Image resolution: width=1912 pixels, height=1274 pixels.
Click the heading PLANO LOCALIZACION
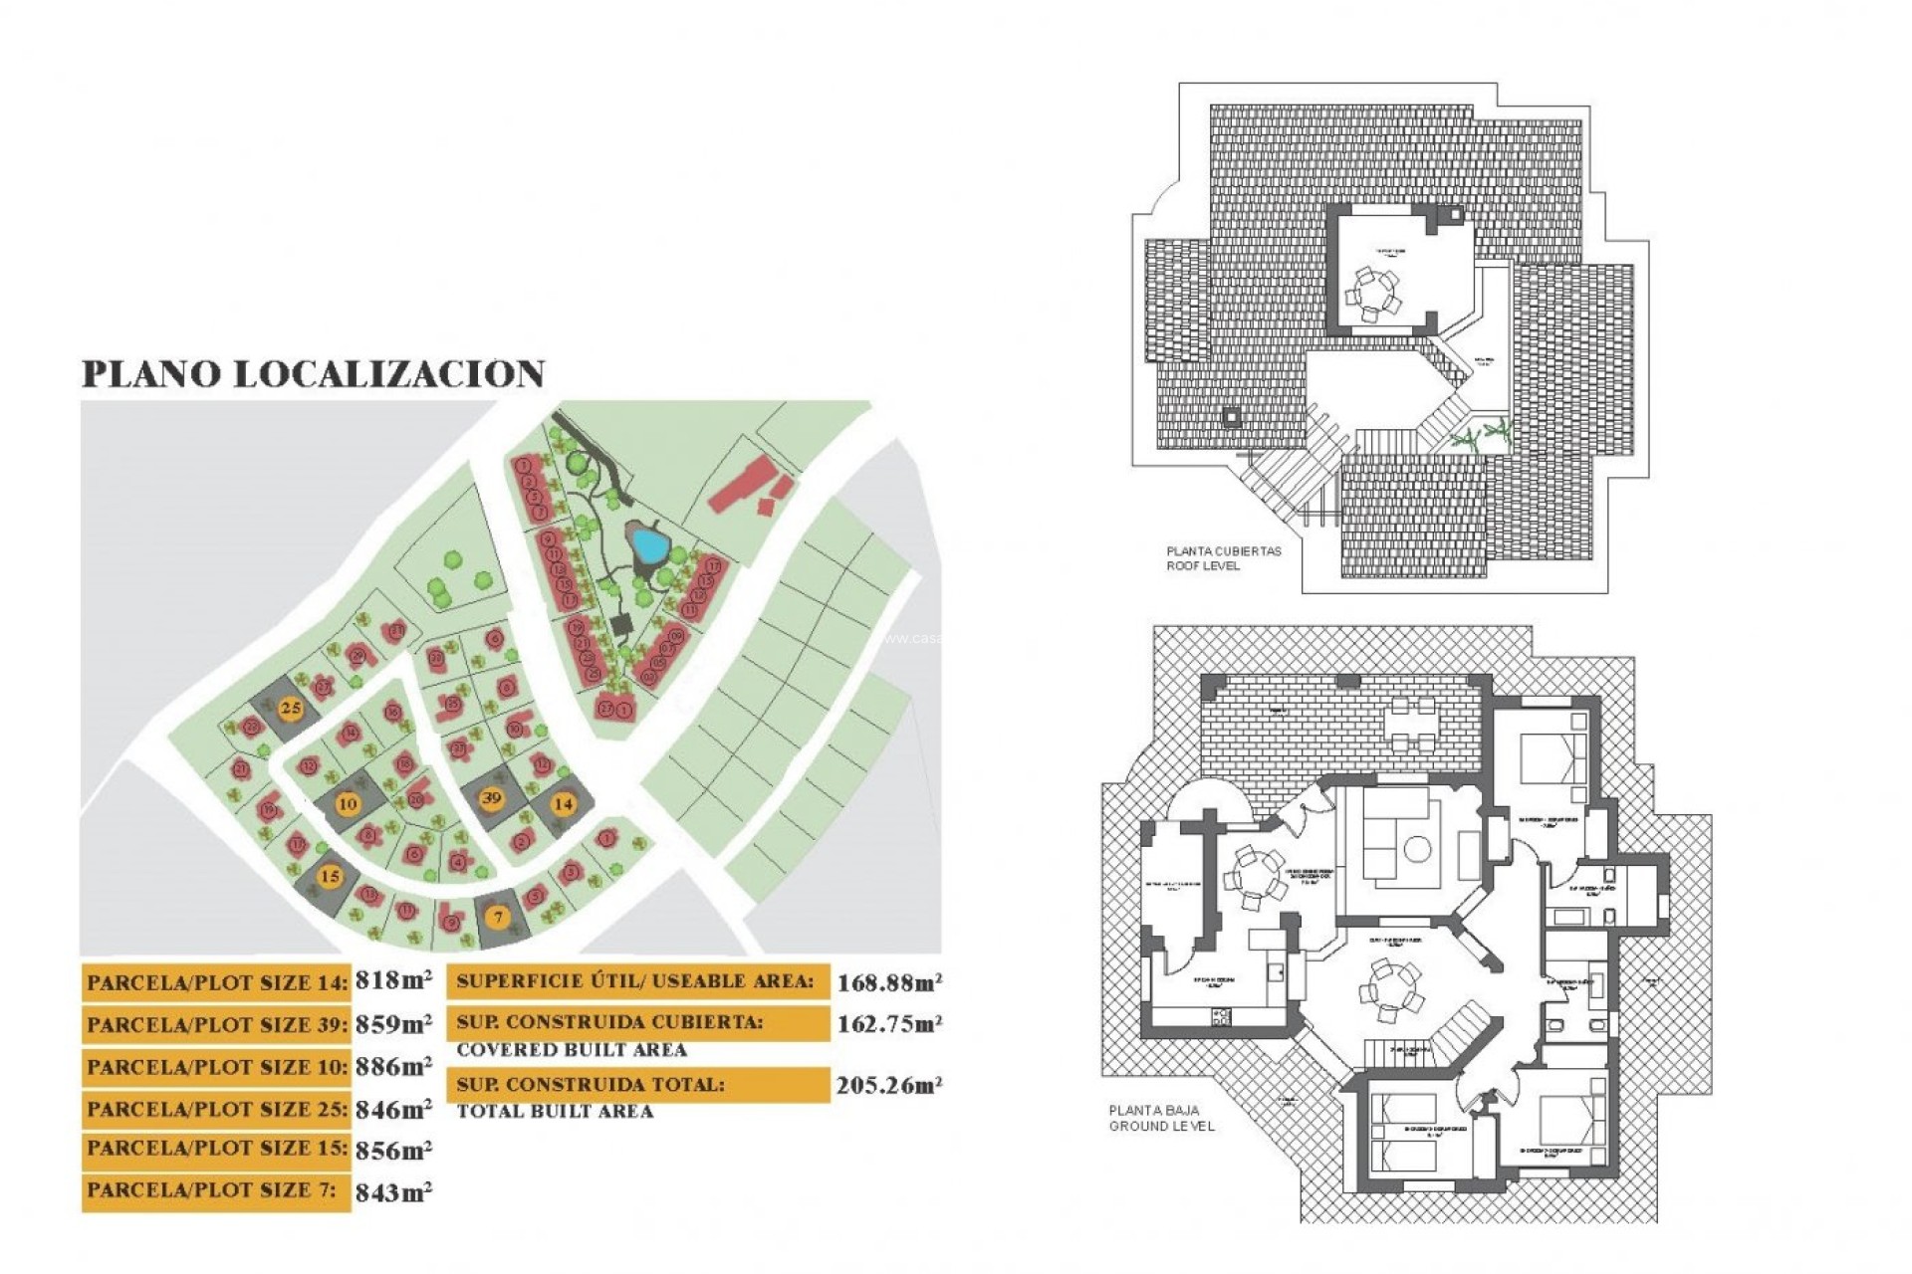(x=313, y=374)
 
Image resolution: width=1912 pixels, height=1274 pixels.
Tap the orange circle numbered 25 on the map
(x=291, y=709)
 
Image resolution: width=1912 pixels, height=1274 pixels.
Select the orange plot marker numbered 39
(x=491, y=797)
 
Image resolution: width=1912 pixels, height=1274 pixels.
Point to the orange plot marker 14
(x=564, y=803)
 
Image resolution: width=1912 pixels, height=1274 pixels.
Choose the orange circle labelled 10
(x=348, y=804)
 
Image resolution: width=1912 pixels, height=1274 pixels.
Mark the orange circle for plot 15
(x=330, y=876)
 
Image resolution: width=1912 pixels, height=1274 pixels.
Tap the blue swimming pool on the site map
(x=648, y=544)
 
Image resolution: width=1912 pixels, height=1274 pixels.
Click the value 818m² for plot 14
(x=393, y=980)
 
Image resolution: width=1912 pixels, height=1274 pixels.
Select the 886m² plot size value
(x=393, y=1066)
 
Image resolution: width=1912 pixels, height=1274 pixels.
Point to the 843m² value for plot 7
(x=393, y=1191)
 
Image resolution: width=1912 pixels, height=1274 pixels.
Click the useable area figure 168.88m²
(x=889, y=983)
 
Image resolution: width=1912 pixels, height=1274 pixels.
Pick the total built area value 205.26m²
(x=889, y=1085)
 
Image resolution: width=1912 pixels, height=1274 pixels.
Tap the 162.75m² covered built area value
(x=889, y=1024)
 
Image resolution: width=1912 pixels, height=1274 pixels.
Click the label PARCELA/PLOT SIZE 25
(x=217, y=1109)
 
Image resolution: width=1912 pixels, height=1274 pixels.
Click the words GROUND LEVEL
(x=1162, y=1126)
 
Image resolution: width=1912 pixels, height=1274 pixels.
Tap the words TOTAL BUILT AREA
(x=555, y=1112)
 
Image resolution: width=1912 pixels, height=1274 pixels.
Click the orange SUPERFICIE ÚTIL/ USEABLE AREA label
(x=635, y=981)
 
